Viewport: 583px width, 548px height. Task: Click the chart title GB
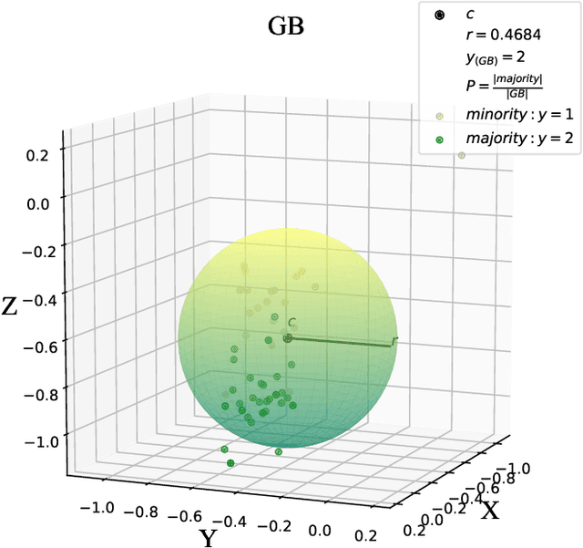click(x=285, y=26)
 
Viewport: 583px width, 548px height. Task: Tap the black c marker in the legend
click(x=440, y=16)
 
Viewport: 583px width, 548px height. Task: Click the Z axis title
click(x=12, y=306)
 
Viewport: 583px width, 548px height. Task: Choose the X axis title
click(x=490, y=510)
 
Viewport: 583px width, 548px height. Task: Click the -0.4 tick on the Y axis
click(x=236, y=522)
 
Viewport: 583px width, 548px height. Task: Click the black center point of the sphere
click(x=287, y=338)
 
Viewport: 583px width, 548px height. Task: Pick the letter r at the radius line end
click(x=394, y=341)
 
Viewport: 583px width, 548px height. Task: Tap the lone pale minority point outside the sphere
click(x=461, y=156)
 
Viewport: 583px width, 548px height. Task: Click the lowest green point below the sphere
click(x=230, y=463)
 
